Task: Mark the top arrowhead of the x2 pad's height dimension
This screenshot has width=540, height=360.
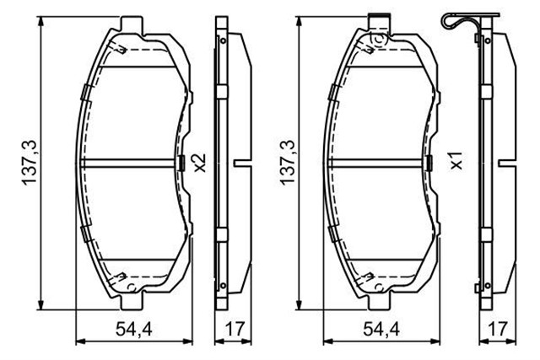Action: pyautogui.click(x=42, y=19)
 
